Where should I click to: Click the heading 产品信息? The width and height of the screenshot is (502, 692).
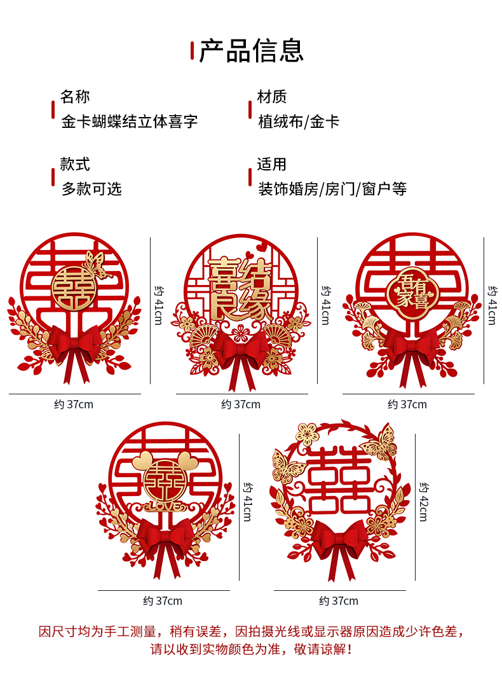(x=252, y=51)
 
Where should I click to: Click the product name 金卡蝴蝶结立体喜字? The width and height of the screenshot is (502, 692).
(x=130, y=121)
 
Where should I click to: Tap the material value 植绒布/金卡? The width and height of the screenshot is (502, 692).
(x=299, y=121)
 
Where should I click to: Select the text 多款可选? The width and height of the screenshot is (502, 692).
(x=92, y=189)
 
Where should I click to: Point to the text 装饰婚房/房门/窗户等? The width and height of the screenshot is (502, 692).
(x=332, y=189)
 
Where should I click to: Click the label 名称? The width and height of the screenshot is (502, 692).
(x=75, y=97)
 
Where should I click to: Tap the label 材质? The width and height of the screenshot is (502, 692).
(x=272, y=97)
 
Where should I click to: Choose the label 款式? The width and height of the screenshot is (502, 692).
(x=75, y=164)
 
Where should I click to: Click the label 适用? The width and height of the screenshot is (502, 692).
(x=272, y=164)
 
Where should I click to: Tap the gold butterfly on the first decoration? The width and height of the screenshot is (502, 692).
(x=96, y=264)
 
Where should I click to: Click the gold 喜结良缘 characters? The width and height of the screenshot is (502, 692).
(x=240, y=289)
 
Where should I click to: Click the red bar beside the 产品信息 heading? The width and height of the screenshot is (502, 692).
(x=193, y=50)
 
